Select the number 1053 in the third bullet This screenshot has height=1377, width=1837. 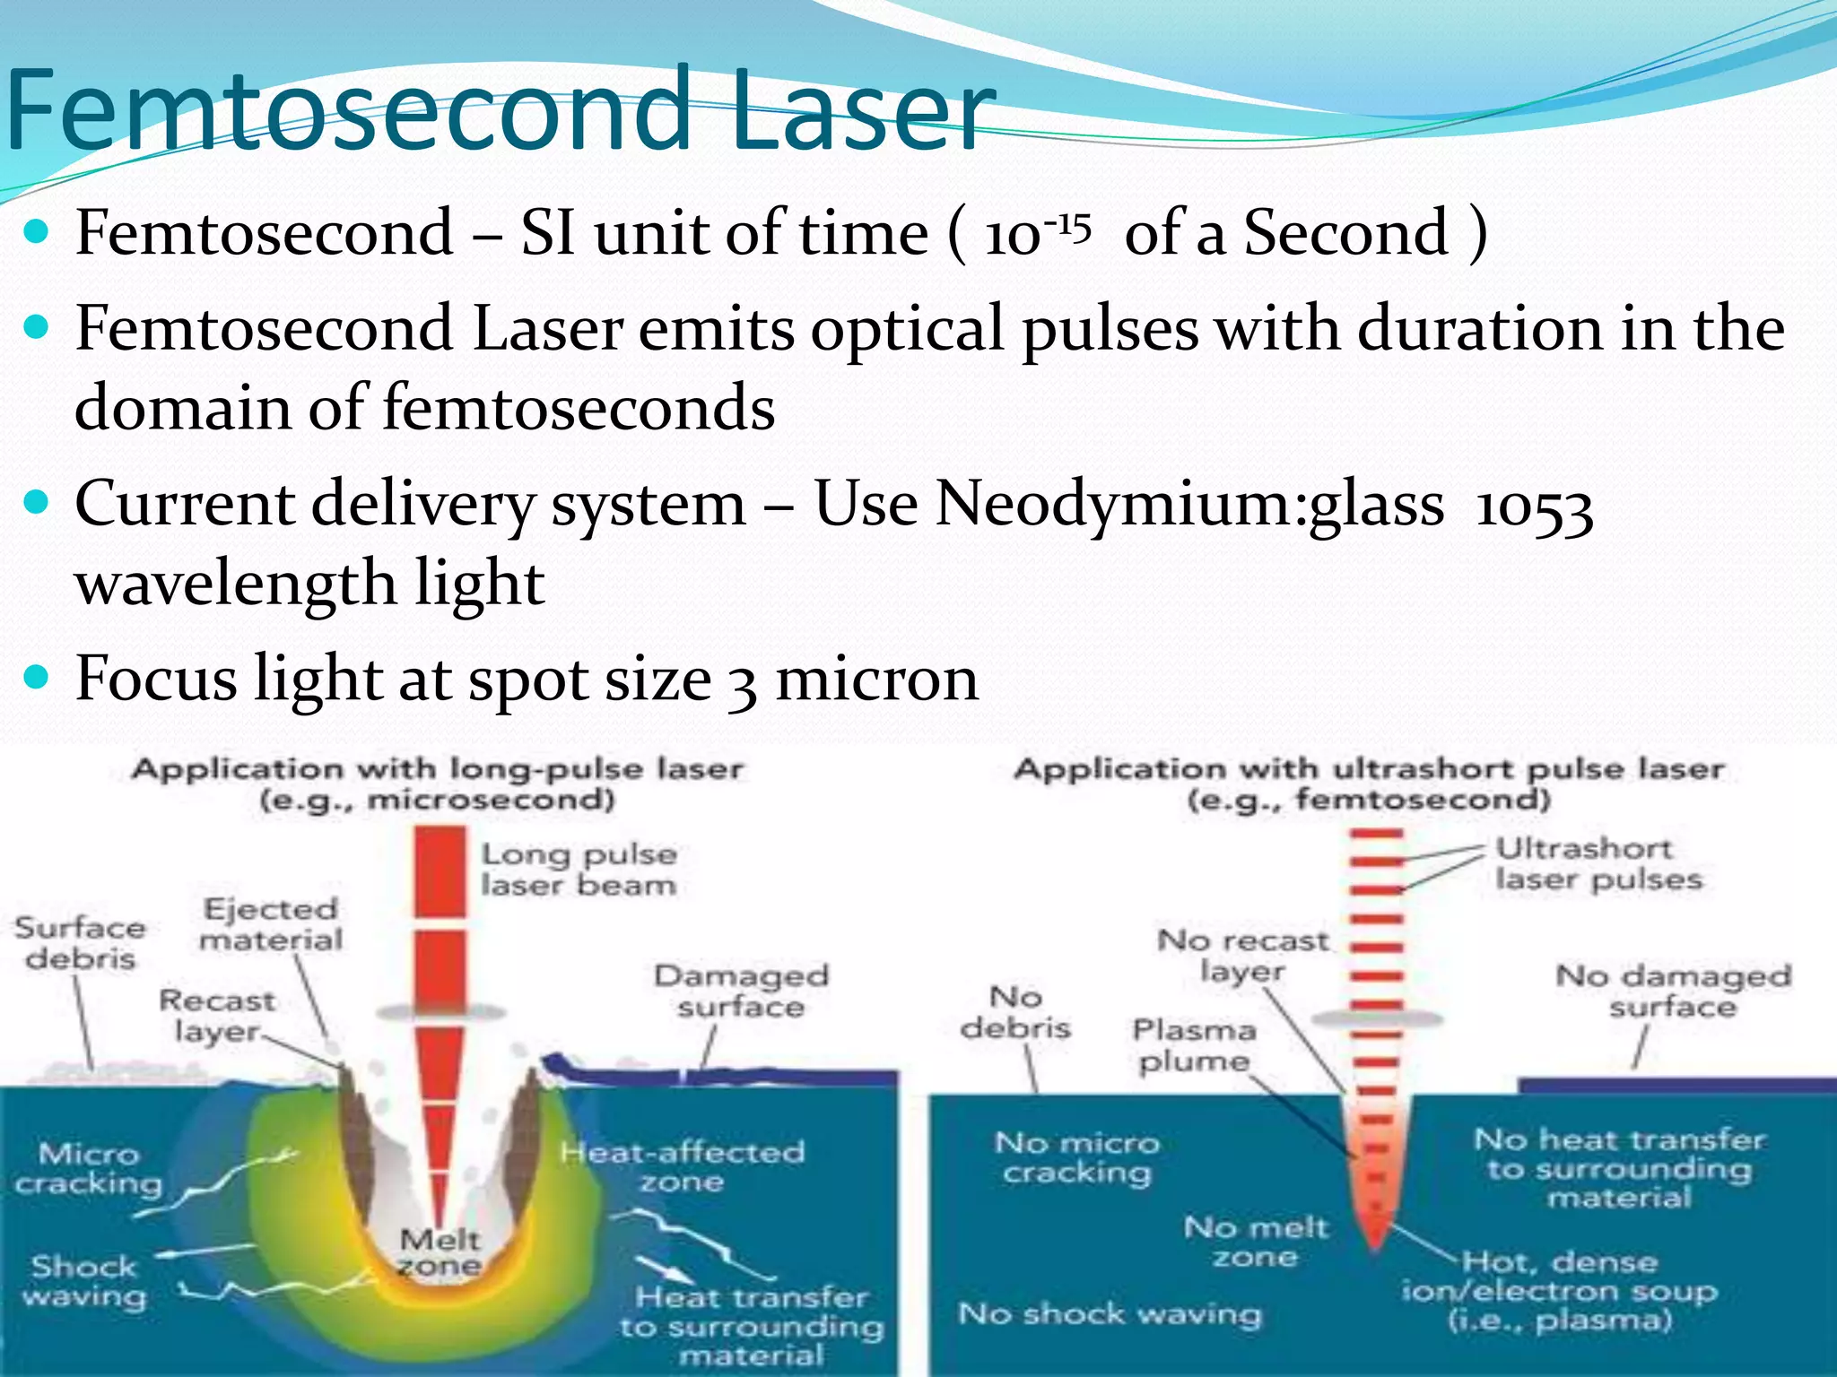tap(1534, 507)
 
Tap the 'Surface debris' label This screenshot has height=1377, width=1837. tap(80, 942)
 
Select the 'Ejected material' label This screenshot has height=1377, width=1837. tap(271, 924)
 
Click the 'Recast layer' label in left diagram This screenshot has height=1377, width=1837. tap(217, 1016)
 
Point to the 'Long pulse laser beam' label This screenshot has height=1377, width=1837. tap(579, 870)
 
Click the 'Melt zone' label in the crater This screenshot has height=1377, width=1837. tap(440, 1252)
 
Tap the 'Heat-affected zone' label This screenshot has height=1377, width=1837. tap(682, 1165)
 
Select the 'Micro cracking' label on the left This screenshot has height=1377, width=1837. tap(89, 1168)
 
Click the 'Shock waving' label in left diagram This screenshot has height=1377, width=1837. tap(84, 1281)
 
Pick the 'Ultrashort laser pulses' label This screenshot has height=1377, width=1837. tap(1598, 864)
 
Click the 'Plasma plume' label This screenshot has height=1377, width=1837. tap(1193, 1045)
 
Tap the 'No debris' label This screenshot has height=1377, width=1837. tap(1015, 1012)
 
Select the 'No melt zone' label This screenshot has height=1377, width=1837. tap(1255, 1242)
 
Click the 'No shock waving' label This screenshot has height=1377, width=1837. tap(1110, 1314)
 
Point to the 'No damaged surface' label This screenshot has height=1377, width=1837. tap(1673, 991)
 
